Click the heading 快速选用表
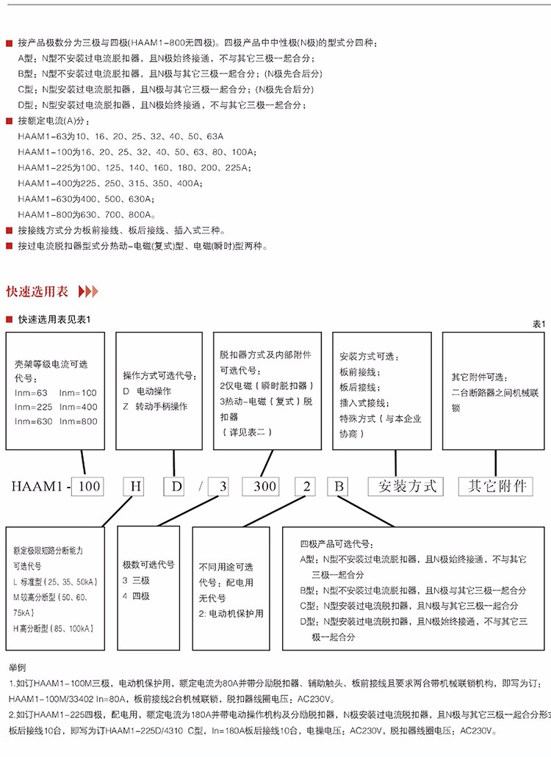pyautogui.click(x=37, y=291)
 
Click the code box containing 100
pyautogui.click(x=89, y=485)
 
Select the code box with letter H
pyautogui.click(x=134, y=485)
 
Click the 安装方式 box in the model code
pyautogui.click(x=407, y=485)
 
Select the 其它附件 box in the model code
pyautogui.click(x=497, y=485)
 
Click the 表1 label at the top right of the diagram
pyautogui.click(x=539, y=323)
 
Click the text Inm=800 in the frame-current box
pyautogui.click(x=78, y=421)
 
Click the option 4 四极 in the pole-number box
pyautogui.click(x=136, y=596)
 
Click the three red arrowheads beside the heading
pyautogui.click(x=87, y=291)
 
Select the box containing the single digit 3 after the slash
pyautogui.click(x=220, y=485)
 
